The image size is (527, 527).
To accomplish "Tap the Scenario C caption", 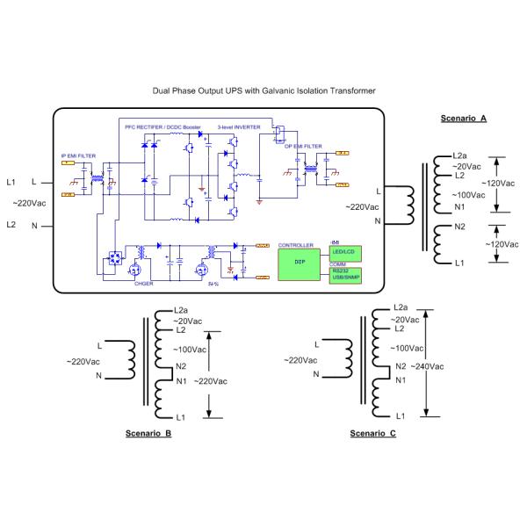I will (x=373, y=434).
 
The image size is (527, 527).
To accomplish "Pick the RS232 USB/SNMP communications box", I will (x=343, y=274).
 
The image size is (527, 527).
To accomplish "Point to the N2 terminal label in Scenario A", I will (x=458, y=226).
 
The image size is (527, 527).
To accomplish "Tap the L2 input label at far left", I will (x=11, y=225).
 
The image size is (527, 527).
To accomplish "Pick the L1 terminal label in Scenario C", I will (x=400, y=415).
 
